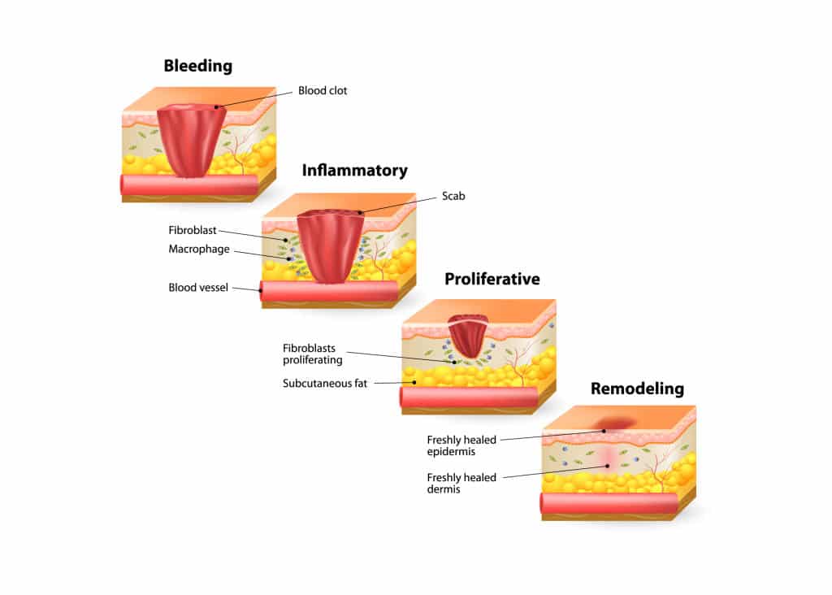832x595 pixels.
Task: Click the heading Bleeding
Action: (197, 66)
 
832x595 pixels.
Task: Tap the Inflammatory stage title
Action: (354, 171)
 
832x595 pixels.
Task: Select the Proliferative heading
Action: (492, 279)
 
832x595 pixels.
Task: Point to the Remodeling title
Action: (637, 389)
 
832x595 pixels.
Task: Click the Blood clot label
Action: (322, 91)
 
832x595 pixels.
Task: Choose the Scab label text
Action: (453, 196)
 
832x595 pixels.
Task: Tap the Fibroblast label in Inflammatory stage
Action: (193, 230)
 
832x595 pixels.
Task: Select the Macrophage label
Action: (199, 249)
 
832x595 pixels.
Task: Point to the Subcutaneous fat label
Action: (325, 383)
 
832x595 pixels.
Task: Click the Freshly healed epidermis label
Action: (461, 445)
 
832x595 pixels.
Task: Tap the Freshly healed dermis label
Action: (461, 483)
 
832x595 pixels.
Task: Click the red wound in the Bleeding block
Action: (192, 138)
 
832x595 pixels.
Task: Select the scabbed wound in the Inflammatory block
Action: (331, 244)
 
